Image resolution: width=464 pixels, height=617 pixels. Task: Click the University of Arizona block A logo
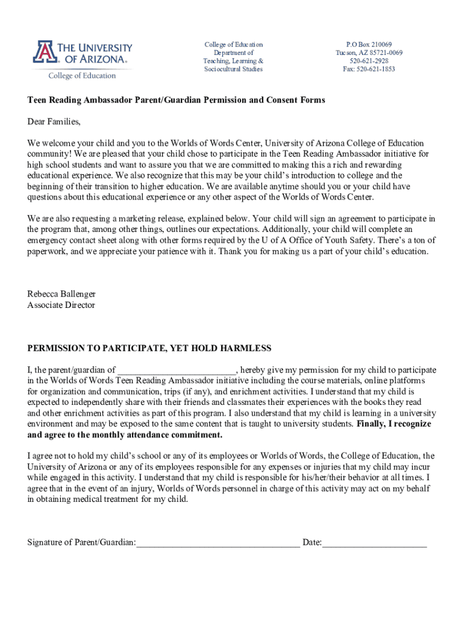[43, 52]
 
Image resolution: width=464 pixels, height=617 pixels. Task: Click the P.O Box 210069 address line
[369, 45]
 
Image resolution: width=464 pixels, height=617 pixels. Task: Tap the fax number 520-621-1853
[369, 69]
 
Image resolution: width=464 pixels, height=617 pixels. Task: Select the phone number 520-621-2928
[369, 61]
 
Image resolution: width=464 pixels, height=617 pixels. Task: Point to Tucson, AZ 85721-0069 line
[369, 53]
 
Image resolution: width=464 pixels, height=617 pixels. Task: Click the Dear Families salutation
[54, 122]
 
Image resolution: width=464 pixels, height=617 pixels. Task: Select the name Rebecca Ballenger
[61, 294]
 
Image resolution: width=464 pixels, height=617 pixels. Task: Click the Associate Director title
[61, 305]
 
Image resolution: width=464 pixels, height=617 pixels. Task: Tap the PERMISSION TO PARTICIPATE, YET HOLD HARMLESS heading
[149, 348]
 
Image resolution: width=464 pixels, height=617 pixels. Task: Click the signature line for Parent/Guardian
[218, 543]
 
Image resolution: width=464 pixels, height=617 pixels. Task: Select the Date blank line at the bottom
[374, 543]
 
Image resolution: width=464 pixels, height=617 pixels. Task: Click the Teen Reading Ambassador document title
[176, 100]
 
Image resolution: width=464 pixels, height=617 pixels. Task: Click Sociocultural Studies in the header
[233, 69]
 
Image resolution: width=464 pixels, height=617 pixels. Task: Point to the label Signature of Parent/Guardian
[81, 543]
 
